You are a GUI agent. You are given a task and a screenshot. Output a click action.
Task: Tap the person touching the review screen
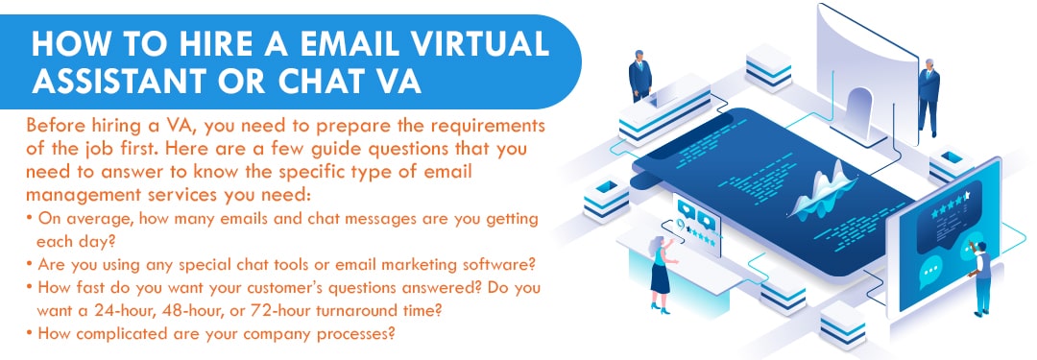tap(979, 277)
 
